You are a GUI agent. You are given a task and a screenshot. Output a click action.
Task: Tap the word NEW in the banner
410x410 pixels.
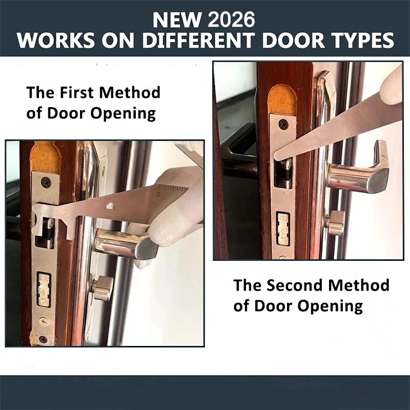[176, 19]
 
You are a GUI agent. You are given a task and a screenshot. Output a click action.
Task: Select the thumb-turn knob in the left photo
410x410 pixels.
[102, 287]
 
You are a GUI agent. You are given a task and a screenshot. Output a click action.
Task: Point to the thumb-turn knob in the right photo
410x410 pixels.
[336, 222]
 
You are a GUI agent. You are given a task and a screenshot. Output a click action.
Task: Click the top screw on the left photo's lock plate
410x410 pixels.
[46, 182]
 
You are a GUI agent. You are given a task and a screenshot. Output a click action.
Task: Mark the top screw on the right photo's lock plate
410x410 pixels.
[283, 124]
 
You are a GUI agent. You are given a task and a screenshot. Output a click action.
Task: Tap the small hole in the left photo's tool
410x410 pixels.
[110, 206]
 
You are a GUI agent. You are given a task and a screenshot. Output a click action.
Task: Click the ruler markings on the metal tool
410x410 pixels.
[172, 192]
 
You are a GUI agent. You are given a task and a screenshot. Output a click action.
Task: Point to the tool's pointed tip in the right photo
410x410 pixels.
[277, 156]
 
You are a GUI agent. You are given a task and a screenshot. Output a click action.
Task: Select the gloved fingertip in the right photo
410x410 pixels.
[394, 82]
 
